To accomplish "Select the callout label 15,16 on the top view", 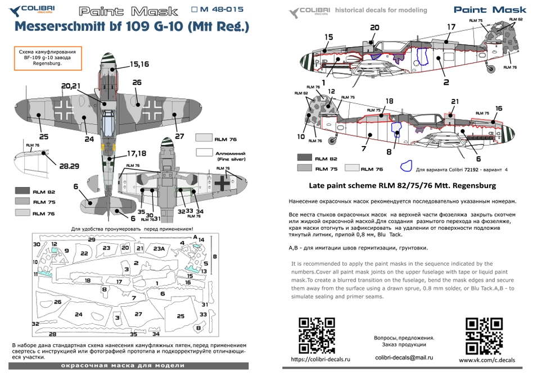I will (139, 65).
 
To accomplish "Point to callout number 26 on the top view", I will (137, 83).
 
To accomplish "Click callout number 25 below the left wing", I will (44, 137).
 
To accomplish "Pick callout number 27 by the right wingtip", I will (179, 136).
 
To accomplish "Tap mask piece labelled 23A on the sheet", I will (159, 248).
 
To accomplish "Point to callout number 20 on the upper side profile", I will (374, 28).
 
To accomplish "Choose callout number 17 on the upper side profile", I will (451, 27).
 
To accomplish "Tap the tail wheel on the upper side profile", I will (493, 69).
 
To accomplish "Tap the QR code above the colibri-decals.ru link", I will (317, 335).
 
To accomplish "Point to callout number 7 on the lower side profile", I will (363, 149).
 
